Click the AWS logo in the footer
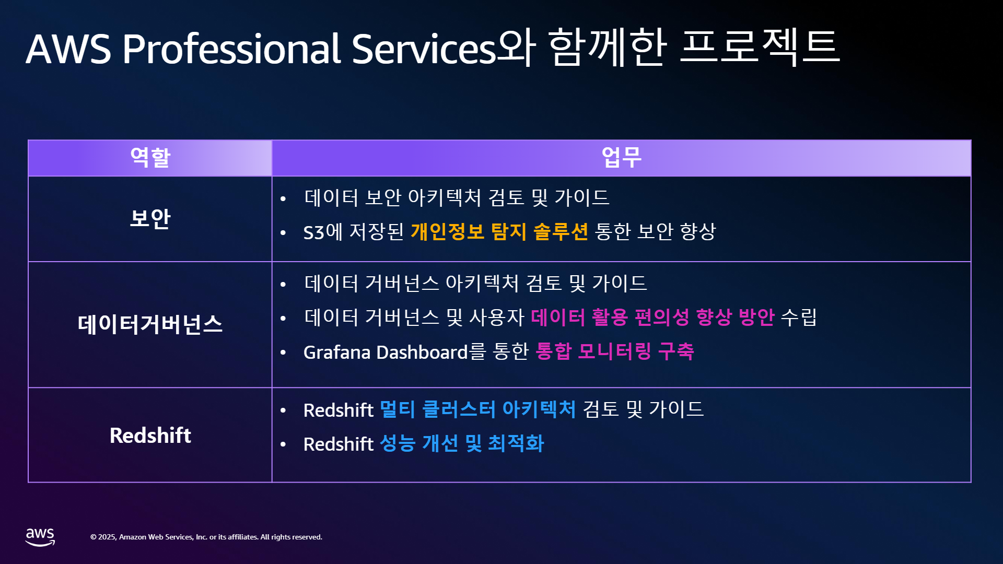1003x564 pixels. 40,537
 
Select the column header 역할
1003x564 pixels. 150,157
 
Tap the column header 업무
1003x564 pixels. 621,157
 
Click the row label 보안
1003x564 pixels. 150,218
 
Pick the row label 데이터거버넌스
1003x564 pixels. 150,324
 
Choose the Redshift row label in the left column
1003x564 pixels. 150,435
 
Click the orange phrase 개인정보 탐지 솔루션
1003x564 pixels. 499,231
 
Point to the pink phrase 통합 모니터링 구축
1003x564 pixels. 615,351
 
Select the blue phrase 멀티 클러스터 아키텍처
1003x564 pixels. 477,409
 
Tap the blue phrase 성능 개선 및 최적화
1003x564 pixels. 462,443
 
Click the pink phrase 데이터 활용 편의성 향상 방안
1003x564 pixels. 652,317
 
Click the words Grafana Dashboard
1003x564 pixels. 386,352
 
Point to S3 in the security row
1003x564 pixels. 314,232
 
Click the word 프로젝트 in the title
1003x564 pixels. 760,46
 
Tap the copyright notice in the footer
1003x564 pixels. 206,537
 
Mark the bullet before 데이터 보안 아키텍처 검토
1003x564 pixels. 283,198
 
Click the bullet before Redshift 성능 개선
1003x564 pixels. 283,444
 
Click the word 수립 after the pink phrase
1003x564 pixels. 799,317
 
